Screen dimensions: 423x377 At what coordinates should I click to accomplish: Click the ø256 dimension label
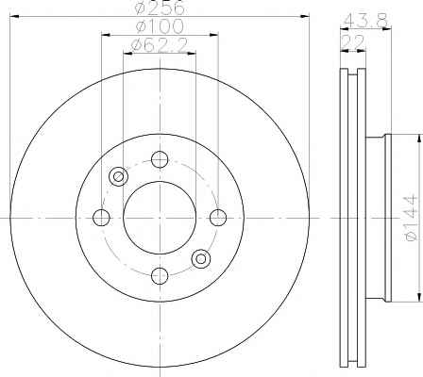pyautogui.click(x=159, y=8)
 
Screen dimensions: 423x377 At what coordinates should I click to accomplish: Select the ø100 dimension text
pyautogui.click(x=160, y=26)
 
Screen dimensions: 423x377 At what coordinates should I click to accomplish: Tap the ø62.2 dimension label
pyautogui.click(x=160, y=45)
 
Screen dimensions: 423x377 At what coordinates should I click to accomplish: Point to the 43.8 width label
pyautogui.click(x=366, y=21)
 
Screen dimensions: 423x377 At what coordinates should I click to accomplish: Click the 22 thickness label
pyautogui.click(x=353, y=41)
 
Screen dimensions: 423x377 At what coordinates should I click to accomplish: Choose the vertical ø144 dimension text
pyautogui.click(x=412, y=218)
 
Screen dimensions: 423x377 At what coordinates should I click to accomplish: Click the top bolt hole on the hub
pyautogui.click(x=160, y=159)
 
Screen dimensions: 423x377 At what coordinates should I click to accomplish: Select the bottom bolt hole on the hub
pyautogui.click(x=160, y=276)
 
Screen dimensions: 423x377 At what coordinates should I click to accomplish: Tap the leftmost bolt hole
pyautogui.click(x=101, y=218)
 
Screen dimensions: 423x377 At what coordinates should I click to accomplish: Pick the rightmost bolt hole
pyautogui.click(x=218, y=218)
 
